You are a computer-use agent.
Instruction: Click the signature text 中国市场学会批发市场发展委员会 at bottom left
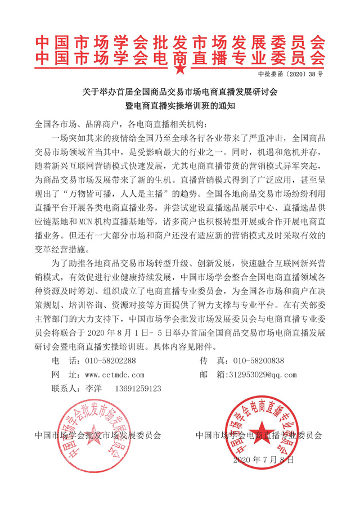click(98, 435)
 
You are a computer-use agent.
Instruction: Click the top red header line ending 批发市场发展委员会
click(179, 42)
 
